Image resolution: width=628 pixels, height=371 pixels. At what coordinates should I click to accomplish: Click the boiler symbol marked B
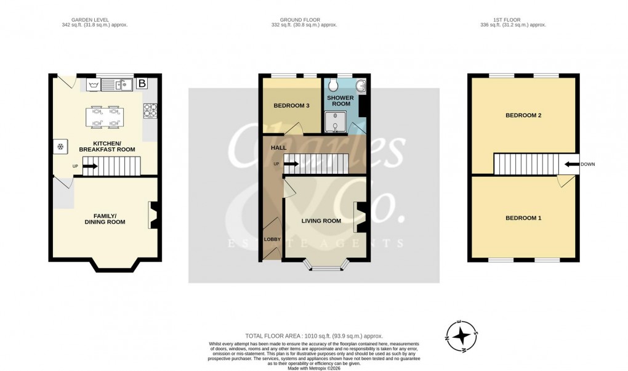pos(142,83)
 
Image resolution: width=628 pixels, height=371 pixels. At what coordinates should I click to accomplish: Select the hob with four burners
pos(150,111)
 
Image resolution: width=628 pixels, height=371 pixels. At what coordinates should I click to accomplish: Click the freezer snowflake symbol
pos(60,147)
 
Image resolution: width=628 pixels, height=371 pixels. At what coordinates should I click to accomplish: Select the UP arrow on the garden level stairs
pos(90,166)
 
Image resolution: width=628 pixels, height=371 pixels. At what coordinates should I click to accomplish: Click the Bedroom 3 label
pos(291,106)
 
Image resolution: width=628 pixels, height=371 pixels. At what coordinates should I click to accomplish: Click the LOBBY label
pos(272,239)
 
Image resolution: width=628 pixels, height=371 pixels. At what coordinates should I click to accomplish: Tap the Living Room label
pos(321,221)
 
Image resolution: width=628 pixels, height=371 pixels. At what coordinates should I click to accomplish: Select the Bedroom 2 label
pos(523,116)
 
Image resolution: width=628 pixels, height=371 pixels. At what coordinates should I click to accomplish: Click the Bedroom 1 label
pos(523,218)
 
